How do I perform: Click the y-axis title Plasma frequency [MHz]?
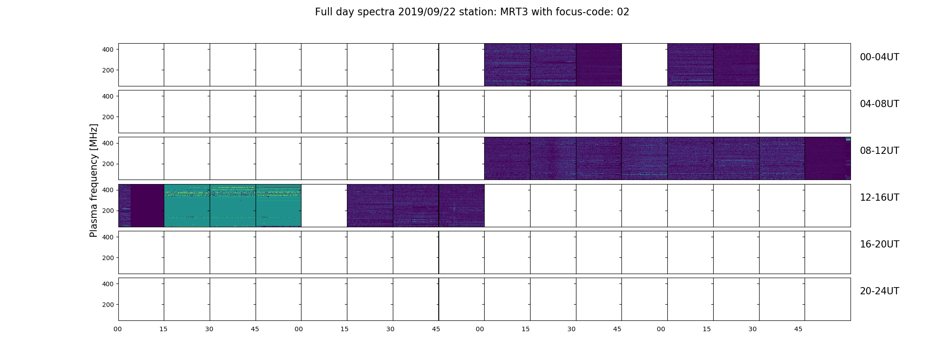(94, 180)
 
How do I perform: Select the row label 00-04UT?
(879, 57)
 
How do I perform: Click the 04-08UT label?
(879, 104)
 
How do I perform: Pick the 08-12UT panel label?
(879, 151)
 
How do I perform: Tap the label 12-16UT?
(879, 198)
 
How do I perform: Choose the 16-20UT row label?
(879, 244)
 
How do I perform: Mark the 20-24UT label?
(879, 291)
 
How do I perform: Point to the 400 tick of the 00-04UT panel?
(108, 49)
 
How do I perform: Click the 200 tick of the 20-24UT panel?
(108, 305)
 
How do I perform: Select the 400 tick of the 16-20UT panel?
(108, 237)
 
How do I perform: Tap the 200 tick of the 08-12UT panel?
(108, 164)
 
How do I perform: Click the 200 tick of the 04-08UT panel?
(108, 117)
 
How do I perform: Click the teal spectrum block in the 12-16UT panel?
(233, 205)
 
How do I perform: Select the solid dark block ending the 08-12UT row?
(827, 158)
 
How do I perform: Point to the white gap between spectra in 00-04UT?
(644, 65)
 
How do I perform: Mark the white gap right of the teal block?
(324, 205)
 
